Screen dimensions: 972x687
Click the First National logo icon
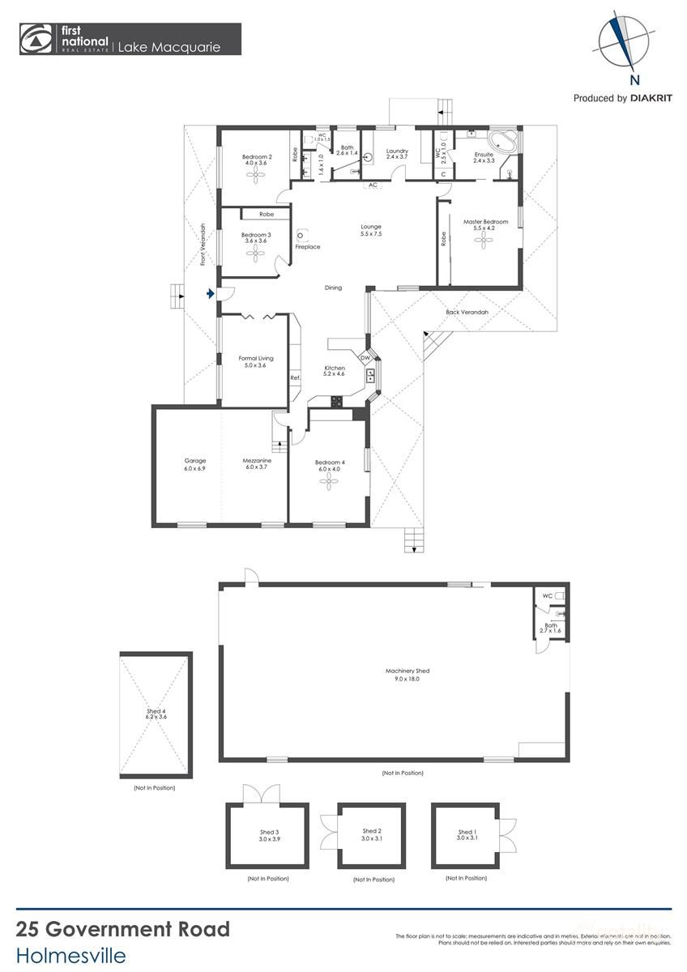(x=36, y=39)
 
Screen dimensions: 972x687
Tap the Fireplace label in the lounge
(x=309, y=247)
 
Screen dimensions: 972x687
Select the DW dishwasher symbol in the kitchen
(x=365, y=358)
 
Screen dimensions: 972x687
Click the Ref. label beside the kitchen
(x=295, y=377)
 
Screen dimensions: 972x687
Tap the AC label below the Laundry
(x=373, y=185)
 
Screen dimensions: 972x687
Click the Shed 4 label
(x=156, y=714)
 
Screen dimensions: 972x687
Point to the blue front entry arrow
(x=211, y=295)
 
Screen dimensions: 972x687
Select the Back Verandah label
(x=467, y=312)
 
